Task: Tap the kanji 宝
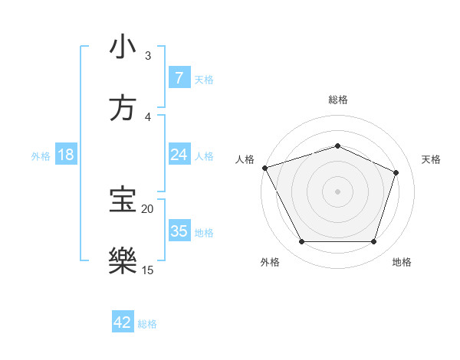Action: tap(123, 198)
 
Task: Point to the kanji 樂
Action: tap(123, 259)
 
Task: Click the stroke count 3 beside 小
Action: tap(148, 55)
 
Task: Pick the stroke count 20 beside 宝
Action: tap(147, 208)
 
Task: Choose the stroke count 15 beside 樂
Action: tap(147, 269)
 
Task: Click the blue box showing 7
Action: tap(179, 77)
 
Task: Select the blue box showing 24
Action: tap(179, 155)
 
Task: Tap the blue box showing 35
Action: tap(179, 231)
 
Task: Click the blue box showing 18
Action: tap(66, 155)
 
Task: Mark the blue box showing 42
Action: tap(123, 322)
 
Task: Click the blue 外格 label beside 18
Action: tap(41, 155)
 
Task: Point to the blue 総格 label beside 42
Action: tap(147, 324)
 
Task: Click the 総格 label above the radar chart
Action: tap(337, 100)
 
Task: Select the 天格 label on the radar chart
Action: tap(432, 159)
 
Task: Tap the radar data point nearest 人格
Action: tap(264, 168)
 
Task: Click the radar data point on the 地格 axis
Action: tap(373, 242)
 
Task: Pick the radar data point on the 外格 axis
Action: tap(301, 242)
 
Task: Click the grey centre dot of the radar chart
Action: tap(337, 191)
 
